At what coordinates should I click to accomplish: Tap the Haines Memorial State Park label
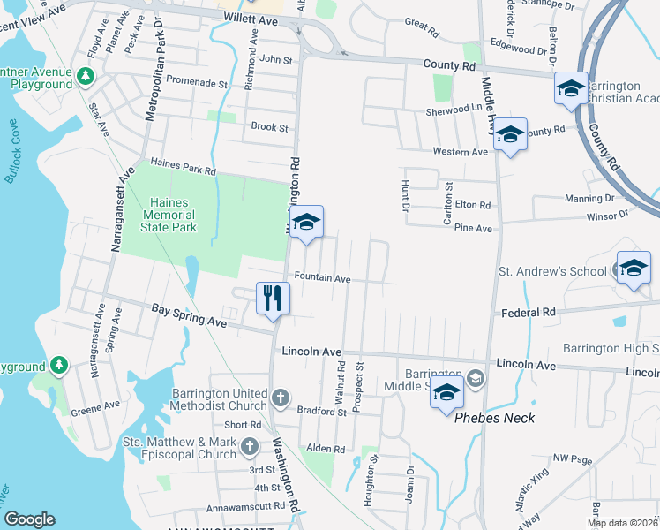(167, 215)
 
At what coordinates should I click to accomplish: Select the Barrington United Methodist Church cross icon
(280, 397)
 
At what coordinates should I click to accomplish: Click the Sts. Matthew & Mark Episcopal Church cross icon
(251, 449)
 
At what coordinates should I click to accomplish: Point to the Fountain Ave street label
(323, 278)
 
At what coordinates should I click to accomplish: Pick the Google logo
(29, 519)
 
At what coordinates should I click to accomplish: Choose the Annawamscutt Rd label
(244, 507)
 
